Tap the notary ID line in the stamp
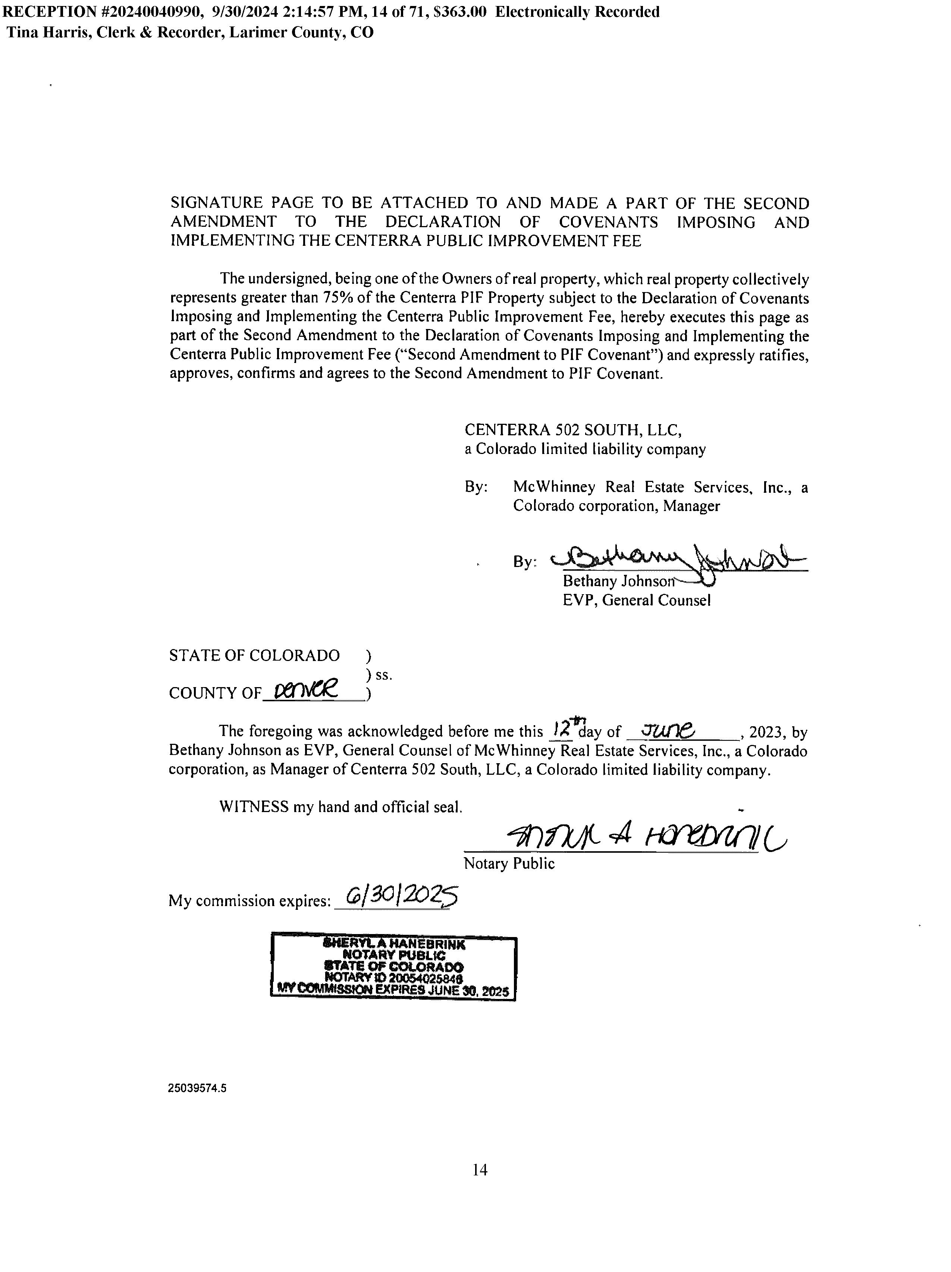pos(394,978)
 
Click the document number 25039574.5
pos(197,1088)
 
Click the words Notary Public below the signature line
pos(509,864)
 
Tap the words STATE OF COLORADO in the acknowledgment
pos(254,655)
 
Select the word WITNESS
pos(254,807)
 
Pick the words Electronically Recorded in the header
pos(577,12)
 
